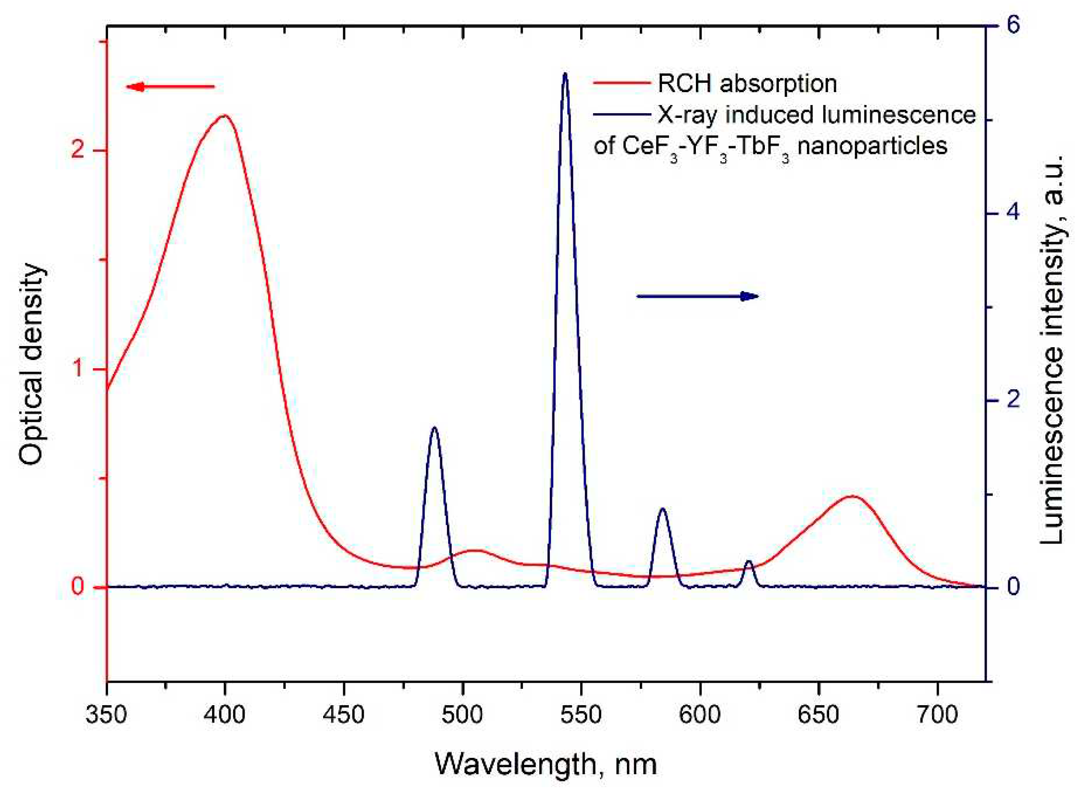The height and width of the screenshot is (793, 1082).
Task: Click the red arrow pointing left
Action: [169, 87]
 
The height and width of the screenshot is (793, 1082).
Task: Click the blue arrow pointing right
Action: [697, 296]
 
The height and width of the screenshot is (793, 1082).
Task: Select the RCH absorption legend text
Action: [747, 84]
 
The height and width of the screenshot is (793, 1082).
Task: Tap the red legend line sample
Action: [621, 83]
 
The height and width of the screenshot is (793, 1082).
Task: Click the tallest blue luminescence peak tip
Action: [565, 75]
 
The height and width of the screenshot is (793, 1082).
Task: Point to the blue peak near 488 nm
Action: [435, 428]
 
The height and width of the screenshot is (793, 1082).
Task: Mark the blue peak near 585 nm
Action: [662, 509]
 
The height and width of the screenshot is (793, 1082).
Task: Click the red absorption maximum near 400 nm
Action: [224, 116]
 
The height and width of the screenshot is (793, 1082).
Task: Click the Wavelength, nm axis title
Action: [545, 764]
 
